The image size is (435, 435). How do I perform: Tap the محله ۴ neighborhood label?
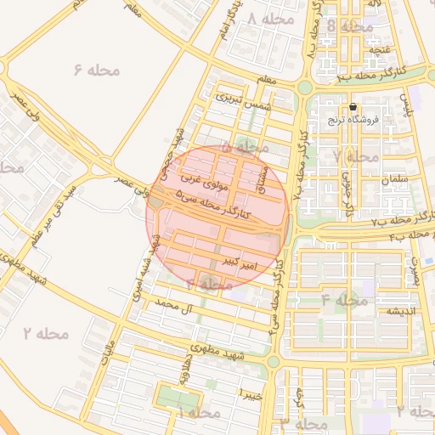[x=344, y=300]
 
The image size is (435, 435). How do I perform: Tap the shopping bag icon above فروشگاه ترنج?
[x=353, y=107]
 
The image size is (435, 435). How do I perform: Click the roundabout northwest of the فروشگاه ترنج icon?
[x=304, y=87]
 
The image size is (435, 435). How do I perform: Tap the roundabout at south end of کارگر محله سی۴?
[x=273, y=361]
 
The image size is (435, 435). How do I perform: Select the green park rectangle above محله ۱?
[x=174, y=397]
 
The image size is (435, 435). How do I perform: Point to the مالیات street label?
[x=106, y=353]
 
